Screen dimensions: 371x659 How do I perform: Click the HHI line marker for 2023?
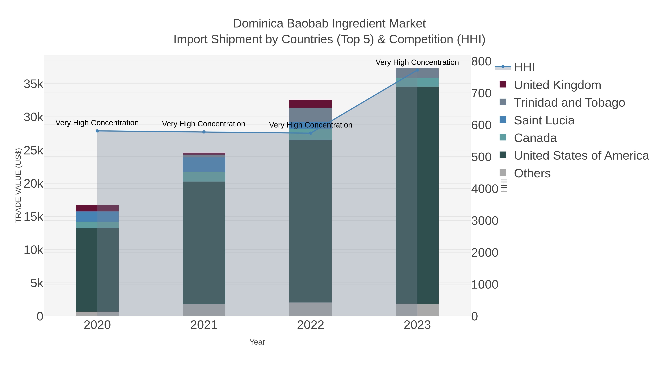(x=417, y=70)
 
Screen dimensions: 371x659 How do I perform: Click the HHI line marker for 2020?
(x=97, y=131)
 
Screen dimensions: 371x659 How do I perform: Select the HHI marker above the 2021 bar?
(x=204, y=132)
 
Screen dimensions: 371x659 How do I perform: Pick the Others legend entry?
(x=532, y=173)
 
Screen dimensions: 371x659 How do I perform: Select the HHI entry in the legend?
(x=524, y=67)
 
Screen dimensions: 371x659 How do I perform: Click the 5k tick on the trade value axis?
(x=37, y=283)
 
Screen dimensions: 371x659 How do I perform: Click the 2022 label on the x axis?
(x=311, y=325)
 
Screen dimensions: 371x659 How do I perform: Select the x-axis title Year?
(x=257, y=342)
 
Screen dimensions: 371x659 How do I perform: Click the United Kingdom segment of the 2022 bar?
(x=311, y=104)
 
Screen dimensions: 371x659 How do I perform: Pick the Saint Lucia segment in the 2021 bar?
(x=204, y=165)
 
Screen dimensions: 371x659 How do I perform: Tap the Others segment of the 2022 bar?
(x=311, y=309)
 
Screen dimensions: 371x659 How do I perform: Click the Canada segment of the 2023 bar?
(x=417, y=82)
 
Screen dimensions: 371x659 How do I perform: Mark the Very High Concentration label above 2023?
(x=417, y=62)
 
